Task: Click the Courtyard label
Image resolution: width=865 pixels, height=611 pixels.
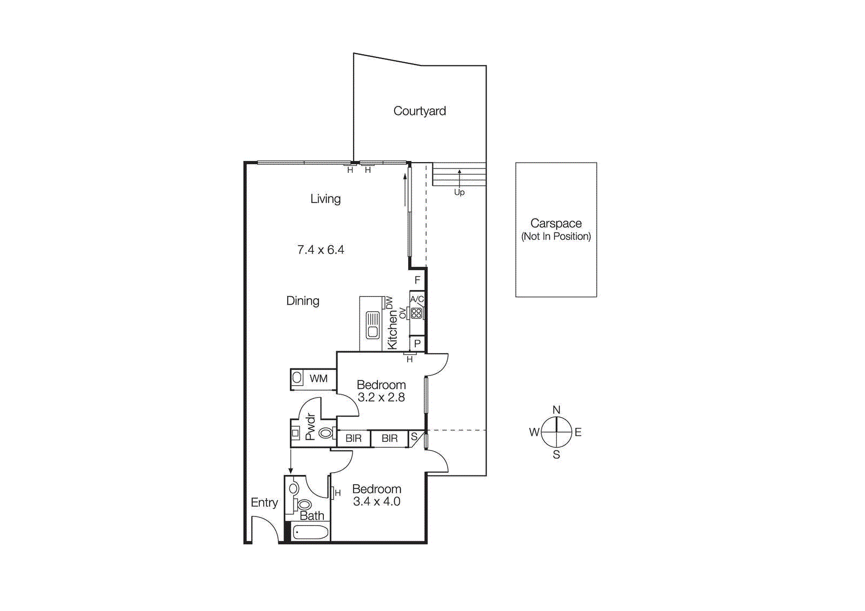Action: (x=420, y=111)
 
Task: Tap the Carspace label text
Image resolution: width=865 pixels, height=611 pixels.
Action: (x=556, y=223)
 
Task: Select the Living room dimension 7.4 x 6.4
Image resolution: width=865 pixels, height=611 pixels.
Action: (x=321, y=250)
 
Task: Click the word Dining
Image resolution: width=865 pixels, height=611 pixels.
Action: (x=303, y=300)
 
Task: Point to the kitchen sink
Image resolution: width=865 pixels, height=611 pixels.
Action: (x=372, y=325)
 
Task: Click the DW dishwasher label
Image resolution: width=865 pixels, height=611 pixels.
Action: (x=389, y=303)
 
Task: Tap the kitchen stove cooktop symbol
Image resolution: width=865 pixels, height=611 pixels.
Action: (x=416, y=313)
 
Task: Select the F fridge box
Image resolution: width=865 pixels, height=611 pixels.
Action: (x=417, y=280)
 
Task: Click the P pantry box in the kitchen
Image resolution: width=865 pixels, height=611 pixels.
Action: (x=417, y=344)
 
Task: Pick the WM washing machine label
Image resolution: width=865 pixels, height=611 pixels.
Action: (x=318, y=379)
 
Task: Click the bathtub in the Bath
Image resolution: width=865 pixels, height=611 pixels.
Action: (x=310, y=533)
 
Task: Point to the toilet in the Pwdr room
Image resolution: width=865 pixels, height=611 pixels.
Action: (x=325, y=433)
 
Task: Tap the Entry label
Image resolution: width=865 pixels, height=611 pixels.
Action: (x=264, y=502)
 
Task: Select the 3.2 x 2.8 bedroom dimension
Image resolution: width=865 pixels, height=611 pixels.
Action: (x=381, y=398)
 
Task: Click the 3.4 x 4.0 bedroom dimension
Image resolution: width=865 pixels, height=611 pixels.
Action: (x=377, y=501)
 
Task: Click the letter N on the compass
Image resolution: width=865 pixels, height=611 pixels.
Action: (x=556, y=410)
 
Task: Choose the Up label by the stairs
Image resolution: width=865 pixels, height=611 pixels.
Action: (x=459, y=192)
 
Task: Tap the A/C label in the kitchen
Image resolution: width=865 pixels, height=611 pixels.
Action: (x=417, y=299)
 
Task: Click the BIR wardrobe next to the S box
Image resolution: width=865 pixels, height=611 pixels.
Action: (x=389, y=439)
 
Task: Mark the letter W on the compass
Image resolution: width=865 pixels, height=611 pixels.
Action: (x=534, y=432)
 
